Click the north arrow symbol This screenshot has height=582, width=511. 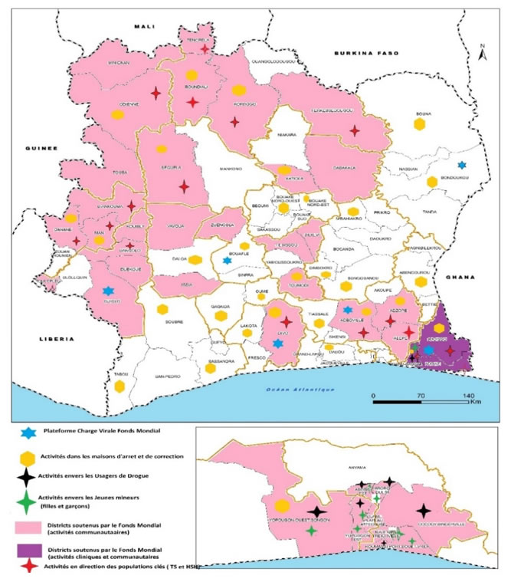point(481,54)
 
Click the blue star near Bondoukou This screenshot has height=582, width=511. point(461,165)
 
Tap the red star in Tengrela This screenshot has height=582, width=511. point(205,48)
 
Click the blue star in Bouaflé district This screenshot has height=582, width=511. point(226,261)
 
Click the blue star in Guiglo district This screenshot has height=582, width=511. point(108,291)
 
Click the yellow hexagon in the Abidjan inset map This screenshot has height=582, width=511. point(282,506)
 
